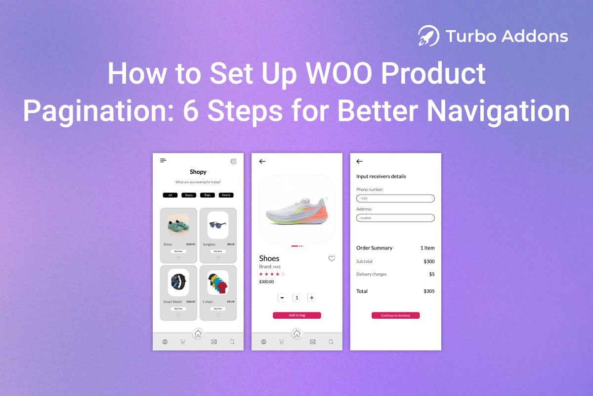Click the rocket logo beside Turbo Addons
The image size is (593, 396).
pyautogui.click(x=428, y=36)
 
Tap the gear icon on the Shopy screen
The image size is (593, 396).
pyautogui.click(x=234, y=161)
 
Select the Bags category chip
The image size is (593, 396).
pyautogui.click(x=207, y=195)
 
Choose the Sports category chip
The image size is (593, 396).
pyautogui.click(x=226, y=195)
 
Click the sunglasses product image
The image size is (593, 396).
pyautogui.click(x=217, y=225)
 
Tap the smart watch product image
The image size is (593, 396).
pyautogui.click(x=178, y=282)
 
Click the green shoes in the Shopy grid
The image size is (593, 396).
pyautogui.click(x=178, y=226)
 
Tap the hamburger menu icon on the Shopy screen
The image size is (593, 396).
pyautogui.click(x=163, y=160)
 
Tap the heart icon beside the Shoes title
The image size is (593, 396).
pyautogui.click(x=332, y=258)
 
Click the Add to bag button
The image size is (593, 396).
pyautogui.click(x=297, y=315)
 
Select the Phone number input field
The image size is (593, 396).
pyautogui.click(x=395, y=198)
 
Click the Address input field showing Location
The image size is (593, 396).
pyautogui.click(x=395, y=218)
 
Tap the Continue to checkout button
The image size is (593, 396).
pyautogui.click(x=395, y=315)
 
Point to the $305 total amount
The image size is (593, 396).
pyautogui.click(x=429, y=292)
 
